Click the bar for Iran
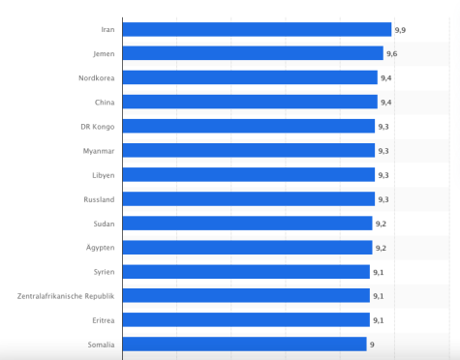[257, 29]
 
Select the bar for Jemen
[253, 53]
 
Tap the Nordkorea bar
[250, 77]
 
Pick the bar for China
[250, 102]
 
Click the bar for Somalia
[244, 344]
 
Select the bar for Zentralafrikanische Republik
[246, 295]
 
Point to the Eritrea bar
[246, 319]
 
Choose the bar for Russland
[249, 198]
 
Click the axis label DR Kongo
[99, 126]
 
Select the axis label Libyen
[104, 174]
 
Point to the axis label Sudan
[105, 223]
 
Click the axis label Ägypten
[102, 247]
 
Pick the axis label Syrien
[104, 271]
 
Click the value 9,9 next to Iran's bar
[400, 30]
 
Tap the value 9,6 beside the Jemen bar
[392, 54]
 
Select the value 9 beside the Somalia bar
[372, 344]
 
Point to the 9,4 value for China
[386, 102]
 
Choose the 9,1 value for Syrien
[378, 271]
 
